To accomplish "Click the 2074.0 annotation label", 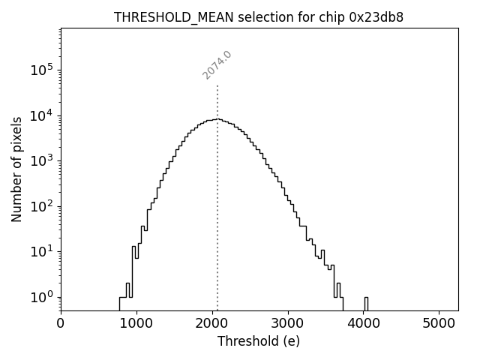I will (217, 65).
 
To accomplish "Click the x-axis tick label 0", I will (61, 324).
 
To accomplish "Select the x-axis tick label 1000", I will (136, 324).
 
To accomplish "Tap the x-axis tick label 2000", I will (212, 324).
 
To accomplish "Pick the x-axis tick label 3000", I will (288, 324).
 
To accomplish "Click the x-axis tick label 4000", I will (364, 324).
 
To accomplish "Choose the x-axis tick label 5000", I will (439, 324).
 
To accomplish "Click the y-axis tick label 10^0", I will (41, 297).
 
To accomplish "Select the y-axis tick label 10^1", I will (41, 251).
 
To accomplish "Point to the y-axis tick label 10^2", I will (41, 206).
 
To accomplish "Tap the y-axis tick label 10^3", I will (41, 160).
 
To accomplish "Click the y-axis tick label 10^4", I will (41, 115).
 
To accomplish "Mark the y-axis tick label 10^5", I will (41, 70).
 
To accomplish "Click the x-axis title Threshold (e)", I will (259, 341).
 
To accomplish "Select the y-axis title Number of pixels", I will (16, 169).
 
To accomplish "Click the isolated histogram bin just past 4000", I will (366, 303).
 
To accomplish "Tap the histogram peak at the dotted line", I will (217, 119).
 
